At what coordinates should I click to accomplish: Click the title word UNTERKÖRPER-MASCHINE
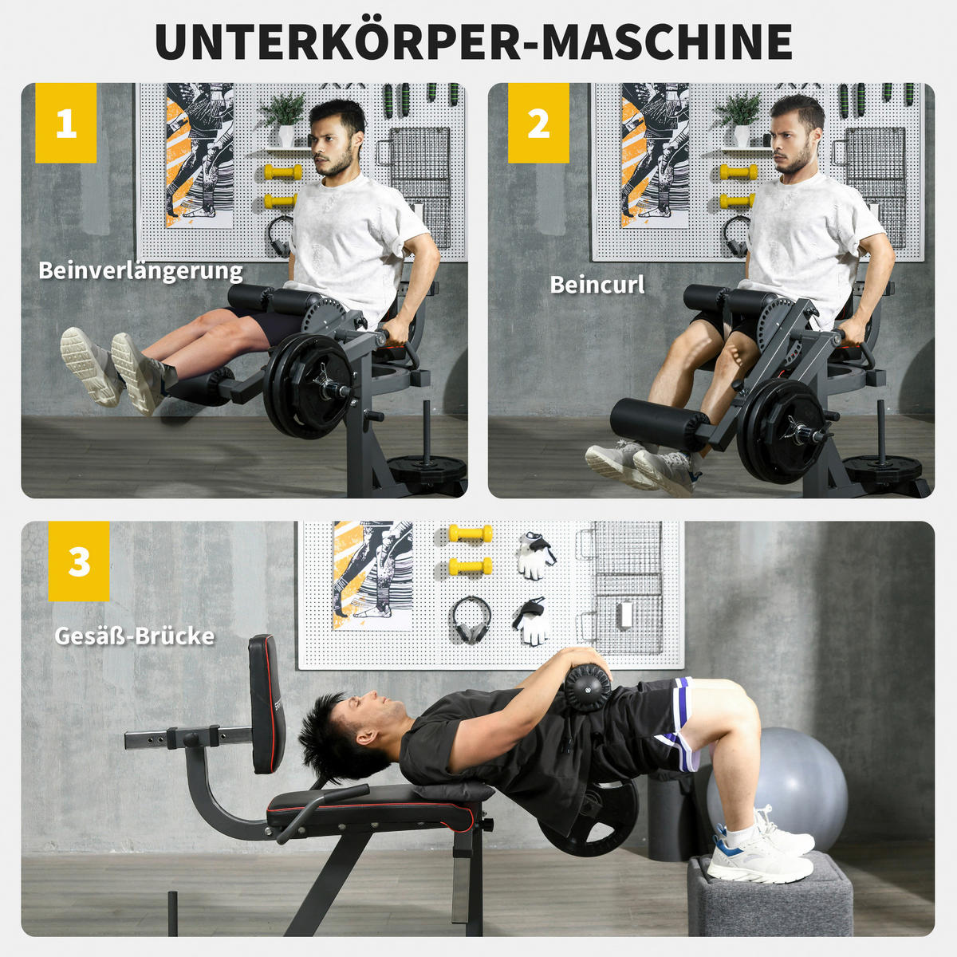(x=474, y=41)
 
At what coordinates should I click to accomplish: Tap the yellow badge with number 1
(x=66, y=123)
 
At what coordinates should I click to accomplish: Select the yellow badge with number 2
(x=538, y=123)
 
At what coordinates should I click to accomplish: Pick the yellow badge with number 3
(x=79, y=561)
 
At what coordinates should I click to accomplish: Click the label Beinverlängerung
(x=140, y=271)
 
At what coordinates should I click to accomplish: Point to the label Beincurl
(x=597, y=285)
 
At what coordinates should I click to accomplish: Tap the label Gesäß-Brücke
(x=134, y=636)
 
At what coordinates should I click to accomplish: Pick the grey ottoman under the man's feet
(x=770, y=897)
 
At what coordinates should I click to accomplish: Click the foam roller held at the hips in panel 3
(x=587, y=687)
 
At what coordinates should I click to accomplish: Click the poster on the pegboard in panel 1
(x=199, y=156)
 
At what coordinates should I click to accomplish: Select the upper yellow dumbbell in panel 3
(x=470, y=534)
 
